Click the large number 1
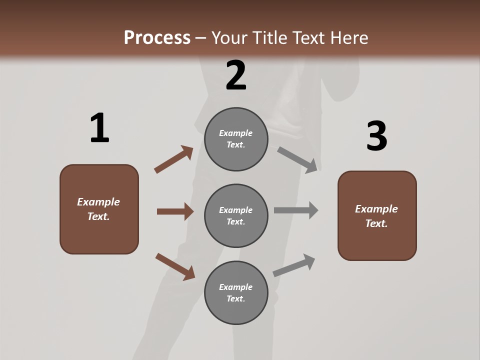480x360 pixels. tap(99, 128)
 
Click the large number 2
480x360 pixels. tap(236, 75)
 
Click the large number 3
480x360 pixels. tap(376, 136)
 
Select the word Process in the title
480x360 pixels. tap(157, 37)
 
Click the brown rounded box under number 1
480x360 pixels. tap(99, 209)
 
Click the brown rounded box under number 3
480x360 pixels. tap(377, 216)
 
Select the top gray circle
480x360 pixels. tap(236, 139)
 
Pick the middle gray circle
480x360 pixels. tap(236, 216)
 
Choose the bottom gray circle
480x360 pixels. tap(236, 293)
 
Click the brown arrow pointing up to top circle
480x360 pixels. tap(174, 159)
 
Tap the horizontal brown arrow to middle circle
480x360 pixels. tap(175, 211)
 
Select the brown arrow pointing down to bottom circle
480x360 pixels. tap(175, 266)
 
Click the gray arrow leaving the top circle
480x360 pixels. tap(297, 160)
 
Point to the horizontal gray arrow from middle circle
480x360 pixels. tap(296, 210)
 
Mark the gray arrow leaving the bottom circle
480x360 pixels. tap(294, 265)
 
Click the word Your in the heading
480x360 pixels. tap(229, 37)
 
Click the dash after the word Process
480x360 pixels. tap(201, 38)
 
